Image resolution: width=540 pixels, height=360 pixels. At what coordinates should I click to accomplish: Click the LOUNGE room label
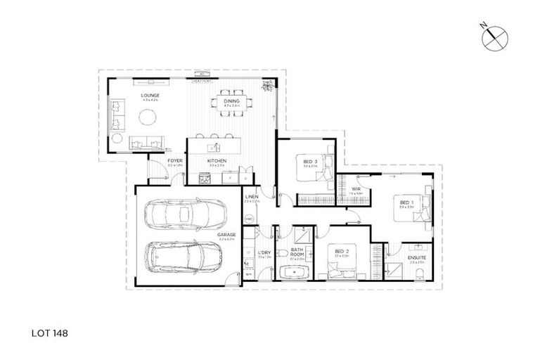tap(150, 95)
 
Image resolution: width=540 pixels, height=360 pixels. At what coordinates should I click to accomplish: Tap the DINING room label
tap(232, 102)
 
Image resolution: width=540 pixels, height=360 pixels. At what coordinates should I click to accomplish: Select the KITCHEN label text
tap(217, 161)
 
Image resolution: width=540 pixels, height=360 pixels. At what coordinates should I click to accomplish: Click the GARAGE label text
tap(226, 235)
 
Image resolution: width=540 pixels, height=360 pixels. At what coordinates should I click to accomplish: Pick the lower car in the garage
tap(185, 259)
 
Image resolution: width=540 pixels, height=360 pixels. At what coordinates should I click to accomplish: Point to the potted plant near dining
tap(268, 86)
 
